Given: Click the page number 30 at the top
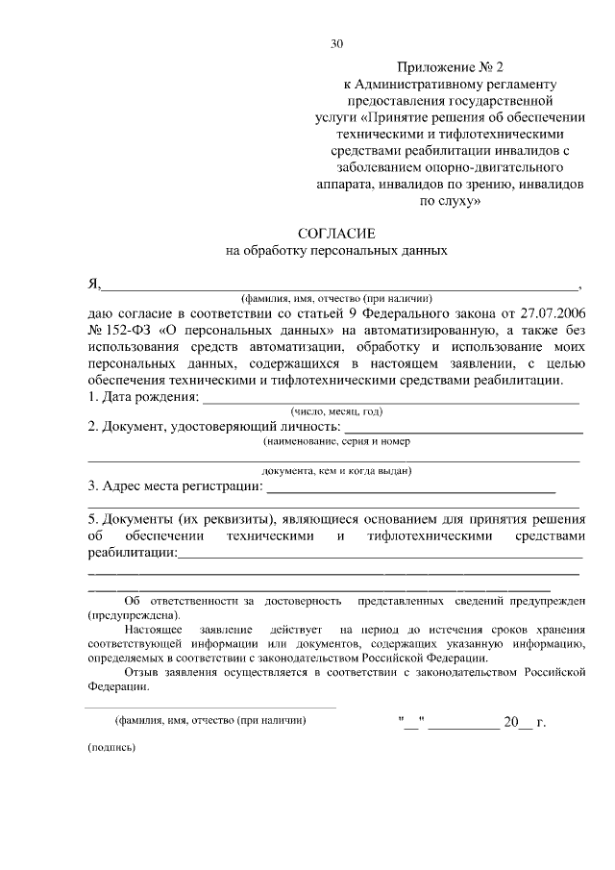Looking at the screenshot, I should tap(336, 43).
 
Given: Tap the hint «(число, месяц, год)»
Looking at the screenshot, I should tap(336, 411).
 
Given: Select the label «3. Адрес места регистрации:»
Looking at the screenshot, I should tap(175, 485).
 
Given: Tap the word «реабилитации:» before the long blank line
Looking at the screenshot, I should tap(132, 553).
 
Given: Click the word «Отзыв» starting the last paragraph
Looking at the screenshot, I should tap(142, 673).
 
